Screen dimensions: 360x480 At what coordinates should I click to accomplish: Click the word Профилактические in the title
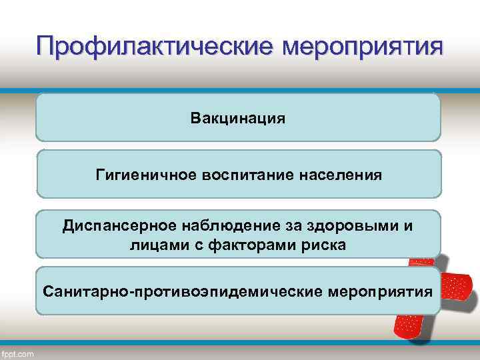(x=155, y=47)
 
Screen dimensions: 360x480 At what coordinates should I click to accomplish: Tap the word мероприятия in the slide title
(x=363, y=47)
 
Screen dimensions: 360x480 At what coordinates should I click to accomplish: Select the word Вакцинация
(x=238, y=119)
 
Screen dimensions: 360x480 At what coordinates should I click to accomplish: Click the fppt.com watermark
(x=18, y=353)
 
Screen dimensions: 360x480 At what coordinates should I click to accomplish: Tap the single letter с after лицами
(x=197, y=245)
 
